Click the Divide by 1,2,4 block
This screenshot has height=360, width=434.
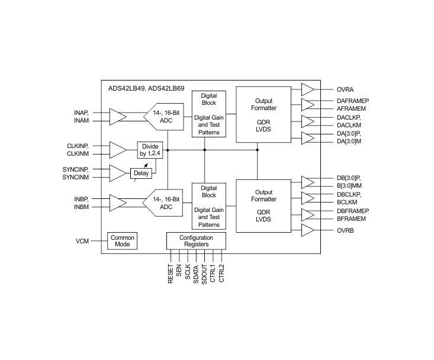click(x=150, y=150)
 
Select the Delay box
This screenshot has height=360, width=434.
click(x=141, y=173)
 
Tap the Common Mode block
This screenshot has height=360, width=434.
click(x=123, y=241)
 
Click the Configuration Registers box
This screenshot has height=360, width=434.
click(x=196, y=241)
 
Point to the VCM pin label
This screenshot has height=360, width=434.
click(x=82, y=242)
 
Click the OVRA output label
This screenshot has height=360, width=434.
click(x=345, y=89)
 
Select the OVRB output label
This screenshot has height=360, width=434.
click(x=345, y=230)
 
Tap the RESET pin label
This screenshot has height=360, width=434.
click(x=171, y=274)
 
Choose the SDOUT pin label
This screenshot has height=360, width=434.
click(x=204, y=274)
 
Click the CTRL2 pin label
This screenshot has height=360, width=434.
click(x=221, y=273)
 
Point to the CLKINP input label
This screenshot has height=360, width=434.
click(x=78, y=146)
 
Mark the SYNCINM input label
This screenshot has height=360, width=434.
click(x=76, y=177)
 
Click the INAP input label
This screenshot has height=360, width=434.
click(x=81, y=112)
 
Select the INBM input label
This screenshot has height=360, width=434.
click(x=81, y=207)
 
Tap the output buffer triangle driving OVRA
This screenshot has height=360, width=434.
click(x=307, y=89)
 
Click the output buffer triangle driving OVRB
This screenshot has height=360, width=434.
click(x=307, y=230)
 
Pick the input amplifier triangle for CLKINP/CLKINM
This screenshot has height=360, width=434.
click(x=118, y=150)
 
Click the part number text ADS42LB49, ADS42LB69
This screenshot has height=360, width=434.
click(x=146, y=88)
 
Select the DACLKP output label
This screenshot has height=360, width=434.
click(x=349, y=117)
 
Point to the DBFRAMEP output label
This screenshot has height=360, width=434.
click(x=353, y=211)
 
